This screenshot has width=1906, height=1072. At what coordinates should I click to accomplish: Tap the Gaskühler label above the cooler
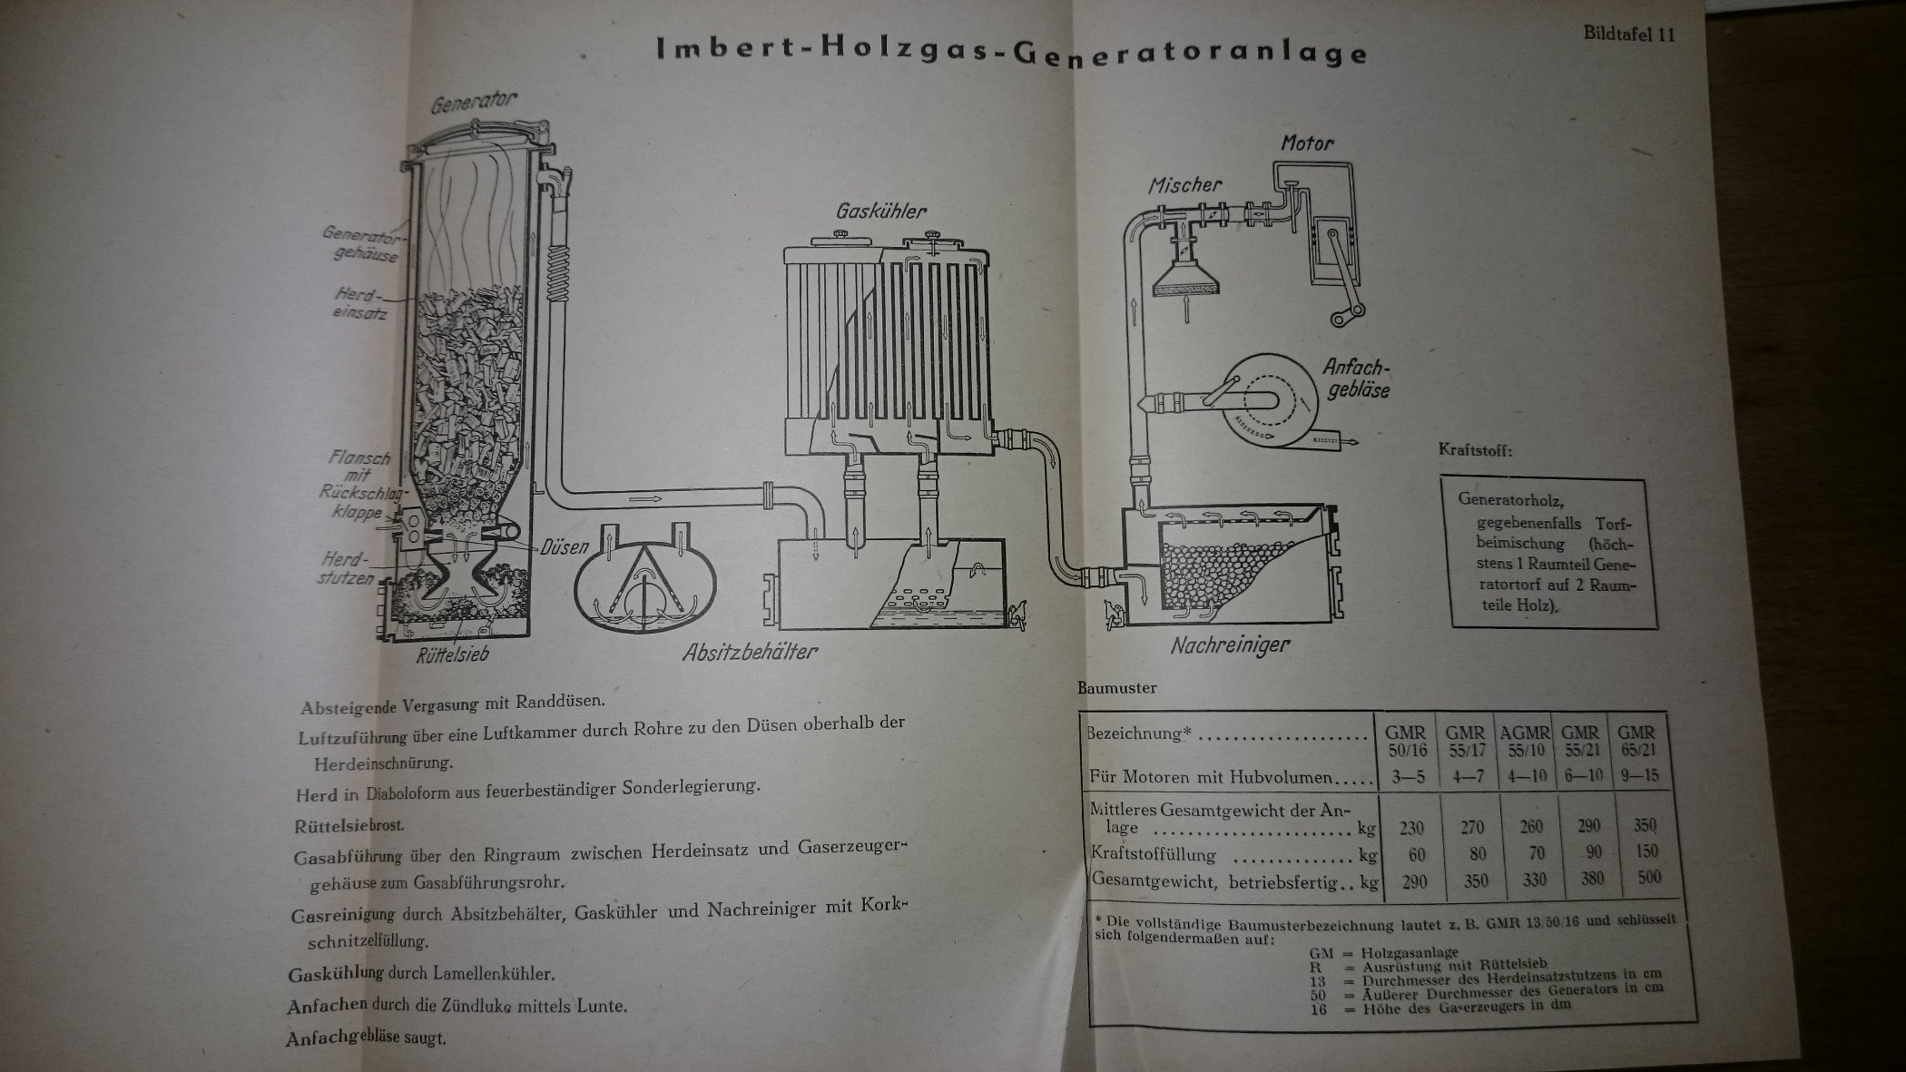click(881, 211)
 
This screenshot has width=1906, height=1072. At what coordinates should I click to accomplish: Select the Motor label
click(1307, 143)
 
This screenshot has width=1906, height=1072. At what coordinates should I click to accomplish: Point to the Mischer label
click(1185, 185)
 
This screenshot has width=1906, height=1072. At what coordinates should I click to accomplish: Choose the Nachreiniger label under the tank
click(1230, 645)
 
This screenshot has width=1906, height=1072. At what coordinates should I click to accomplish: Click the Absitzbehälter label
click(751, 651)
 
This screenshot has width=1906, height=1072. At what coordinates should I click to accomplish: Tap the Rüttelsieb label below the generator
click(452, 654)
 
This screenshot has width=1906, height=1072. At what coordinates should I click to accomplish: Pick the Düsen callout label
click(565, 546)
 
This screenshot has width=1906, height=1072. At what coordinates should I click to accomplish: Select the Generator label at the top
click(475, 103)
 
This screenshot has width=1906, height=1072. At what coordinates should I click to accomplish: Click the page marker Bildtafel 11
click(1629, 34)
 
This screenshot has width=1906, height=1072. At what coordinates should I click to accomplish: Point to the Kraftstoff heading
click(1475, 449)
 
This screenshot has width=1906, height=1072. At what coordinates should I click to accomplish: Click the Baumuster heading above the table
click(1117, 688)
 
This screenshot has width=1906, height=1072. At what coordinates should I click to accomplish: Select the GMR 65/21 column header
click(1636, 741)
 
